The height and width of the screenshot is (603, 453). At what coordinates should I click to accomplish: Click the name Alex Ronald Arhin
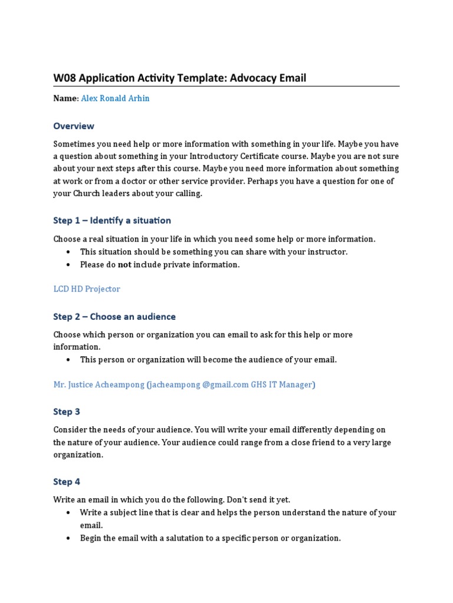tap(115, 98)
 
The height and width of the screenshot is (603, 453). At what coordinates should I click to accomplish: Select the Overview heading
tap(74, 125)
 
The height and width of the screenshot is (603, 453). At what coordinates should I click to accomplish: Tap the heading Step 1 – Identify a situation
tap(112, 220)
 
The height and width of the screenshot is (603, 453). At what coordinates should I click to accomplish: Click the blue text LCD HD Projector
tap(87, 289)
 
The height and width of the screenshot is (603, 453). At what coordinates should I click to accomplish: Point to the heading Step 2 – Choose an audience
tap(114, 316)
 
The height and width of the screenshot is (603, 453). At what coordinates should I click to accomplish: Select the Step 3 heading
tap(67, 412)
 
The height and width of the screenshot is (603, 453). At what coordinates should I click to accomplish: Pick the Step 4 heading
tap(67, 482)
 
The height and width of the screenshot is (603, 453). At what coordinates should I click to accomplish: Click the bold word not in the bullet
tap(124, 265)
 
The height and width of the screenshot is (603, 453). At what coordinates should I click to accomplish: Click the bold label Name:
tap(66, 98)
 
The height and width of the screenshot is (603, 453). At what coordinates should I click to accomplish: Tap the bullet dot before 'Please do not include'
tap(68, 265)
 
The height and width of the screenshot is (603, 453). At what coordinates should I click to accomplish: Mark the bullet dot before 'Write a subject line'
tap(68, 513)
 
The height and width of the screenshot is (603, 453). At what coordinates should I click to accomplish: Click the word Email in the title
tap(293, 78)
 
